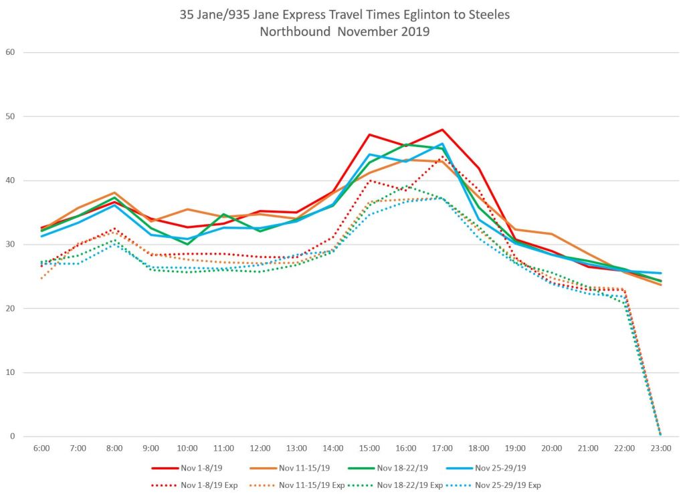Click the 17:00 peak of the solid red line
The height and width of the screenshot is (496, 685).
point(442,130)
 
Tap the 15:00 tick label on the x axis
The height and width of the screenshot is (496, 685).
point(369,448)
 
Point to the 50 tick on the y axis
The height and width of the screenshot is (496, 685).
point(10,116)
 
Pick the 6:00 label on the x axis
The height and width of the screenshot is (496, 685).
point(41,448)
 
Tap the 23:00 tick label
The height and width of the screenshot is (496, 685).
point(660,448)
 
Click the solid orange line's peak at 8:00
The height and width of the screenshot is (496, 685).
point(114,193)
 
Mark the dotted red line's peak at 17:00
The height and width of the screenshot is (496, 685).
point(442,157)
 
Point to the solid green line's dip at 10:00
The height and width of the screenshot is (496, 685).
point(187,244)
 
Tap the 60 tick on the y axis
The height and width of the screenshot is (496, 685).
point(10,52)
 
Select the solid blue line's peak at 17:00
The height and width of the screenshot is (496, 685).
point(442,144)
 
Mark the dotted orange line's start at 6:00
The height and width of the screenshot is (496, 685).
point(41,278)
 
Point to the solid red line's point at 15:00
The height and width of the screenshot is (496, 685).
point(369,134)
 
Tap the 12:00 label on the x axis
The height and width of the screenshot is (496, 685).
point(260,448)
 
